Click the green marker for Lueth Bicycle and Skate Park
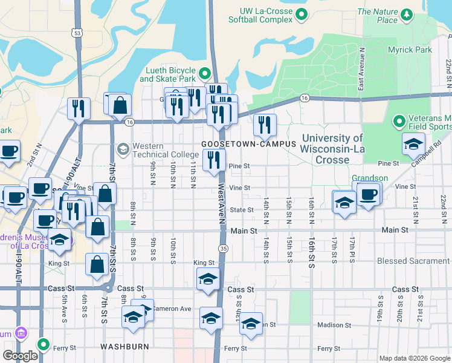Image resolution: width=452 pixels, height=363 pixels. (x=205, y=74)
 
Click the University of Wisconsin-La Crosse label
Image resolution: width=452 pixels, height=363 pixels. (x=332, y=149)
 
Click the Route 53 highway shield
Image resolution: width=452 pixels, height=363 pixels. (x=76, y=32)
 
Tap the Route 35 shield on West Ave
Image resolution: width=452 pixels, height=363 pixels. (x=224, y=249)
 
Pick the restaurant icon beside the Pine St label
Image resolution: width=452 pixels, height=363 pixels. (x=214, y=160)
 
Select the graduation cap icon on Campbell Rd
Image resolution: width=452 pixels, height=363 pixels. (x=413, y=144)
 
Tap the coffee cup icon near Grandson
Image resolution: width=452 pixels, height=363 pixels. (x=368, y=195)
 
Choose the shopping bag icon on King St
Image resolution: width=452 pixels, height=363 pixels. (x=97, y=264)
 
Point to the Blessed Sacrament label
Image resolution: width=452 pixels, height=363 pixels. (x=413, y=261)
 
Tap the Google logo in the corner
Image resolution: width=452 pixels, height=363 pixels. (x=21, y=356)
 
